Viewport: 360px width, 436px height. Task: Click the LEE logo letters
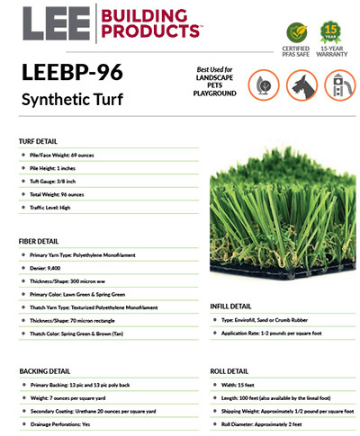click(55, 24)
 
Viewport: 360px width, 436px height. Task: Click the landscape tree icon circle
click(252, 83)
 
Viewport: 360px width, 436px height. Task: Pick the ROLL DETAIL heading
click(229, 370)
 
